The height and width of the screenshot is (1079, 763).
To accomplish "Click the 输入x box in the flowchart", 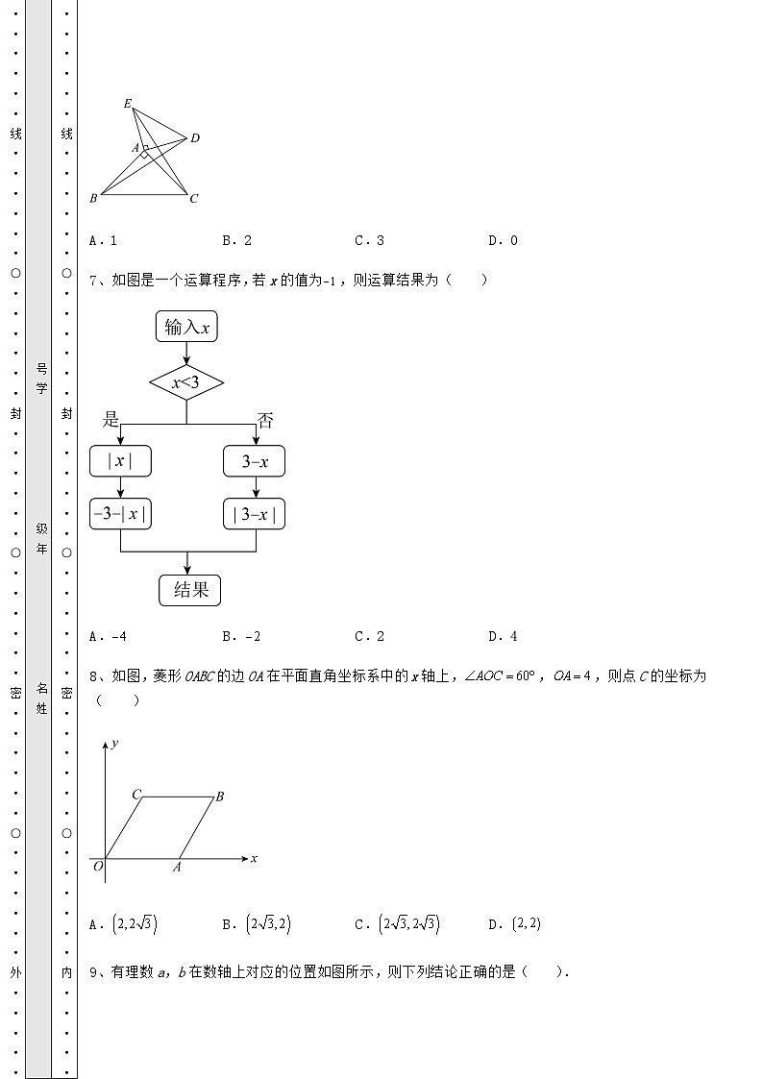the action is (x=186, y=328).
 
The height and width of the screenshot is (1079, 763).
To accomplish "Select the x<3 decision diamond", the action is (x=186, y=384).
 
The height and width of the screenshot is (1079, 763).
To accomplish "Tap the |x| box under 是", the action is (x=120, y=461).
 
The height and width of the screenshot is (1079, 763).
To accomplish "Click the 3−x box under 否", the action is (x=255, y=461).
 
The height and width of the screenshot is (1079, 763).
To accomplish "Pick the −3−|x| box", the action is (x=120, y=514).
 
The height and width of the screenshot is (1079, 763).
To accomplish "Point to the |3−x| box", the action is (x=255, y=514).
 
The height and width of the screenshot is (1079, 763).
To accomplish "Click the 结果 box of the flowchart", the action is (x=190, y=590).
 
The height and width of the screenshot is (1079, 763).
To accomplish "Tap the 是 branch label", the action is (x=111, y=419).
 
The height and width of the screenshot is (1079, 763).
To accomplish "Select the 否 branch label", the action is (x=265, y=419).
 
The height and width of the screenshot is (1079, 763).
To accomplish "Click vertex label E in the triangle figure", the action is (x=128, y=103).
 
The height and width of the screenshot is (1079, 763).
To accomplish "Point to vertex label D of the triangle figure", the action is (x=195, y=138).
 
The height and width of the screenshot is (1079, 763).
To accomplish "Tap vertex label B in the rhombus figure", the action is (x=220, y=796).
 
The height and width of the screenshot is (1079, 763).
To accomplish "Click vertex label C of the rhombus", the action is (x=136, y=795).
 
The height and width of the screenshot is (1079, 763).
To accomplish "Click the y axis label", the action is (x=114, y=744).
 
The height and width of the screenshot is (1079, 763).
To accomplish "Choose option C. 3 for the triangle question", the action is (x=369, y=241).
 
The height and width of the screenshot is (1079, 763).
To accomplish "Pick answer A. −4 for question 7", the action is (x=108, y=636).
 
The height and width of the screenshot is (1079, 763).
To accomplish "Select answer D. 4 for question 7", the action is (x=503, y=636).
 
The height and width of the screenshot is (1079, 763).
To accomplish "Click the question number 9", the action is (x=94, y=972).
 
